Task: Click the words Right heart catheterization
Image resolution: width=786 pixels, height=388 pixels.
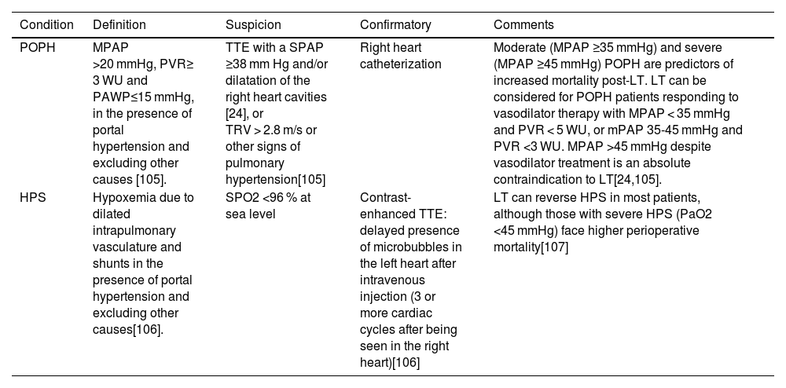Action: pos(401,55)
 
